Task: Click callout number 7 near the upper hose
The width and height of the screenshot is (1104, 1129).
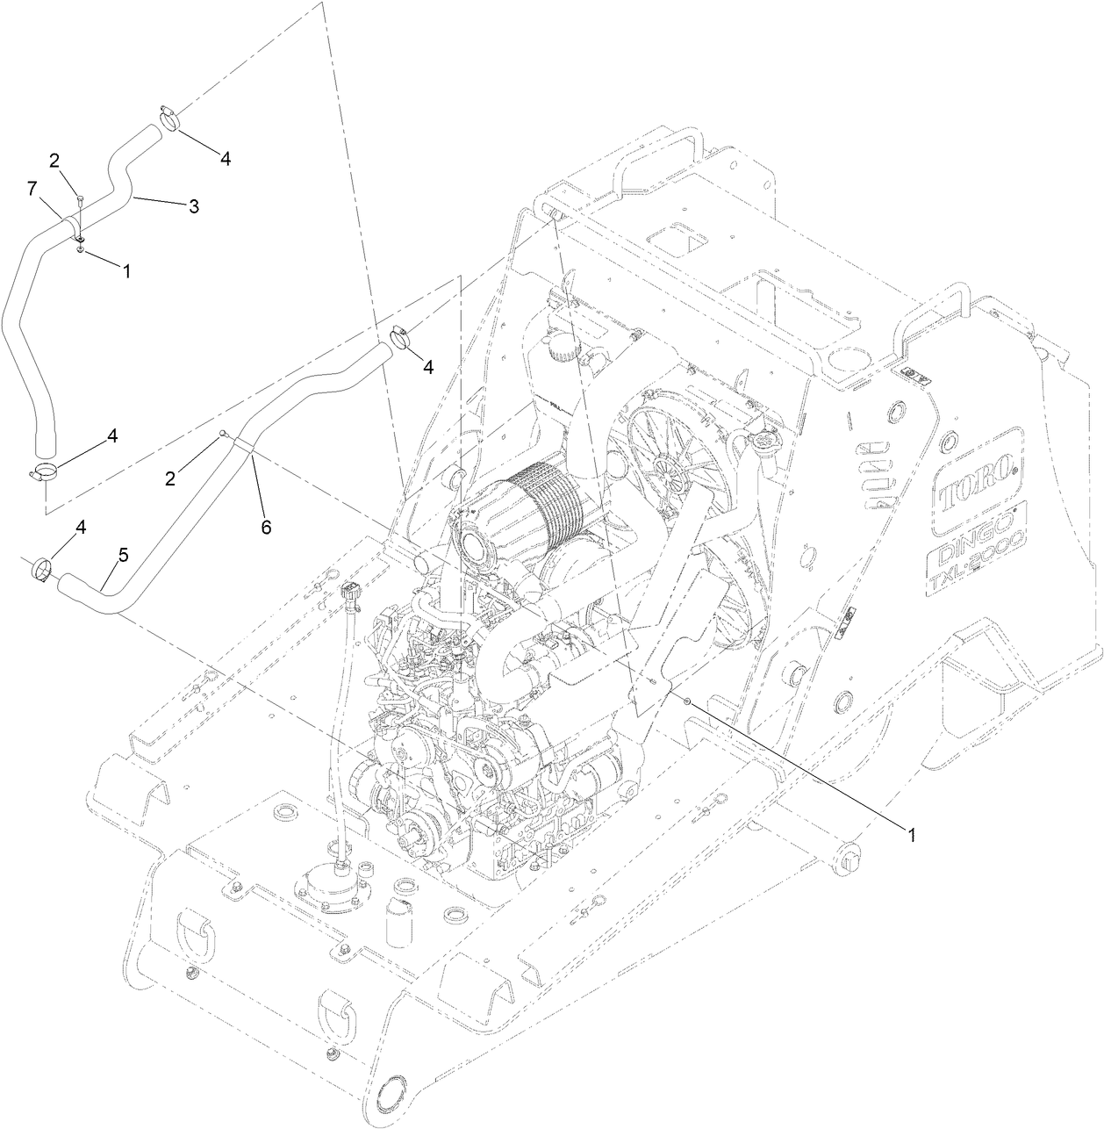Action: pyautogui.click(x=32, y=188)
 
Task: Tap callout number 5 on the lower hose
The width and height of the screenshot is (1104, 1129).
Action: pyautogui.click(x=123, y=555)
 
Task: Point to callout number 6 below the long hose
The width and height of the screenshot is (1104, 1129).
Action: pyautogui.click(x=265, y=527)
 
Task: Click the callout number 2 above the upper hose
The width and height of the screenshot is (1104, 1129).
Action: pyautogui.click(x=54, y=160)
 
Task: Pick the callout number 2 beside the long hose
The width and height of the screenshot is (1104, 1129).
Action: pyautogui.click(x=172, y=478)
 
